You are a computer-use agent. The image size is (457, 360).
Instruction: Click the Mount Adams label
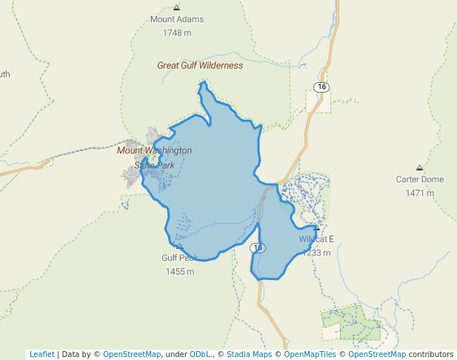pos(176,19)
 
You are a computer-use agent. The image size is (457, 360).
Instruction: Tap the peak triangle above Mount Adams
pos(176,7)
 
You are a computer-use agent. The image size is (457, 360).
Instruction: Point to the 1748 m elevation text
pos(176,33)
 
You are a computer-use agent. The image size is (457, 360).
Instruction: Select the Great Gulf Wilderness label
pos(200,65)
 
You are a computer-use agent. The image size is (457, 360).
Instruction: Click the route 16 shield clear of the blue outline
pos(321,87)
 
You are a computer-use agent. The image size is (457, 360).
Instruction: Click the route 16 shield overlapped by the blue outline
pos(257,247)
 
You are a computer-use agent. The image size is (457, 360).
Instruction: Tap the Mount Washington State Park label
pos(154,158)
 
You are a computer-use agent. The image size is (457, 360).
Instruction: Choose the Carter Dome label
pos(419,179)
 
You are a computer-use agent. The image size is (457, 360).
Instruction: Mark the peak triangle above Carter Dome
pos(420,167)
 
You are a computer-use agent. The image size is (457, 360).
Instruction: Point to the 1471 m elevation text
pos(419,193)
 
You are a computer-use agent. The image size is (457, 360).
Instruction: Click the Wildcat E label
pos(317,239)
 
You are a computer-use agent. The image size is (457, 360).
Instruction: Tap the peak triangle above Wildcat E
pos(316,227)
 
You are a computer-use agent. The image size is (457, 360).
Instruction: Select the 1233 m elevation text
pos(317,253)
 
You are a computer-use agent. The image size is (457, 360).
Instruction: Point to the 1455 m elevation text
pos(179,272)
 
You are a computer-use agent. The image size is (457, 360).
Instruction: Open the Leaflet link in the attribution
pos(42,354)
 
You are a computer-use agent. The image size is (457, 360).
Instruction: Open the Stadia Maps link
pos(249,354)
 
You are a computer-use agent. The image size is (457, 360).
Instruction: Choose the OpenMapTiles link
pos(309,354)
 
